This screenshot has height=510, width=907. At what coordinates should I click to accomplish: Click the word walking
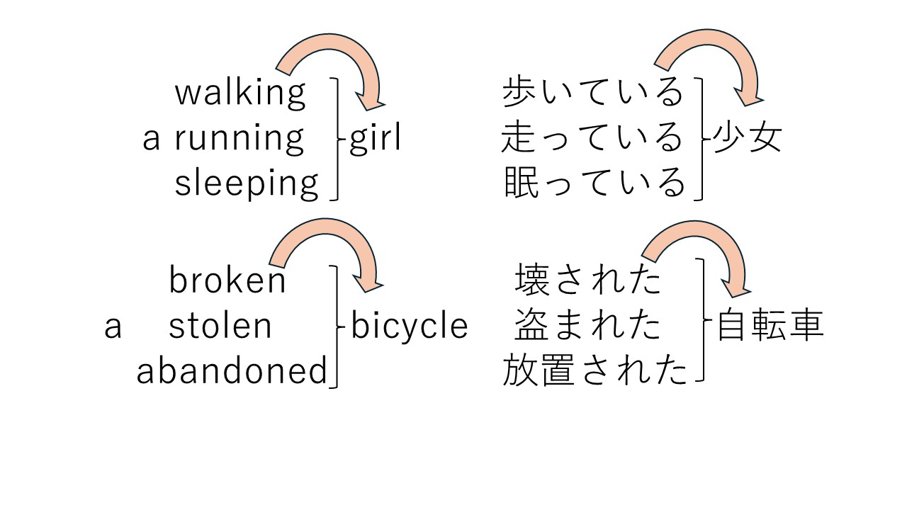pos(240,93)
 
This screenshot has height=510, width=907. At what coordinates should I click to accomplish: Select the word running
pos(240,139)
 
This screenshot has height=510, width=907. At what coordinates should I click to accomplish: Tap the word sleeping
pos(247,183)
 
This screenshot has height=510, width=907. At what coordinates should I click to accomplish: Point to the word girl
pos(375,139)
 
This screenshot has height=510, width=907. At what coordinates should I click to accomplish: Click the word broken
pos(227,280)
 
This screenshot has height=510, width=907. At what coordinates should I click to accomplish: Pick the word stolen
pos(220,326)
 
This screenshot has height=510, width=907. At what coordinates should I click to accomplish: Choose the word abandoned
pos(232,371)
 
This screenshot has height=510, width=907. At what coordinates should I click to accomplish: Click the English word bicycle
pos(410,326)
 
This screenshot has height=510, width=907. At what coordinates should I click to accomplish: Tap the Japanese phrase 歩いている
pos(592,93)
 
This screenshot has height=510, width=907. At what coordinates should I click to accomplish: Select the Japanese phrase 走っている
pos(592,138)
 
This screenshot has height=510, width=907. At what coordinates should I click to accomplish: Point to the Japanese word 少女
pos(747,137)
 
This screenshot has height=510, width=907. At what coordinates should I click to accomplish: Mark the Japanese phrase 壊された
pos(588,280)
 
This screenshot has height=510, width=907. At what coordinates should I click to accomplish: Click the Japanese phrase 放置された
pos(595,371)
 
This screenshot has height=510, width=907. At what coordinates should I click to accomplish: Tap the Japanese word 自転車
pos(770,326)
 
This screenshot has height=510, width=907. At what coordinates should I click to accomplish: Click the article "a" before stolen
pos(113,327)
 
